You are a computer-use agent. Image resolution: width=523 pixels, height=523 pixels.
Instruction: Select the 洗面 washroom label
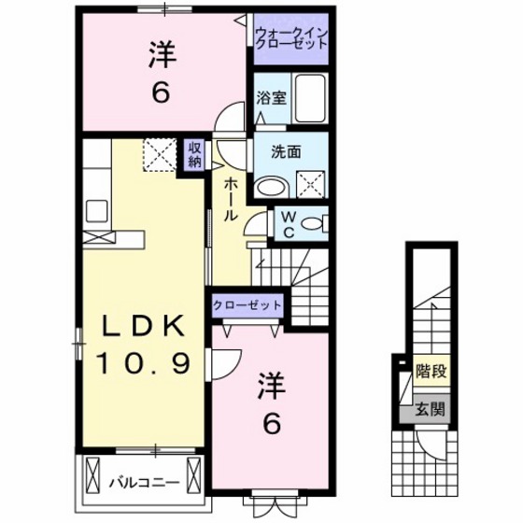point(286,152)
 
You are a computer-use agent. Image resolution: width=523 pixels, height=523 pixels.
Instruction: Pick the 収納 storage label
point(194,154)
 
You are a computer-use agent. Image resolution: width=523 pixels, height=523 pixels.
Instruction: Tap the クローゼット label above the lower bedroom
point(247,304)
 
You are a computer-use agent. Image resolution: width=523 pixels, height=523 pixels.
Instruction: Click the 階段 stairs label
point(431,370)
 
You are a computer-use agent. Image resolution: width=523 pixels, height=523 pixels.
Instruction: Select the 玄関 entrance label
point(431,407)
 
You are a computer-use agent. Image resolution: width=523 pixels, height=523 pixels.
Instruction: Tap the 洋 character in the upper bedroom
point(162,55)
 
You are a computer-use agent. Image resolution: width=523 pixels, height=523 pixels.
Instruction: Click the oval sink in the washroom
point(273,186)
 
